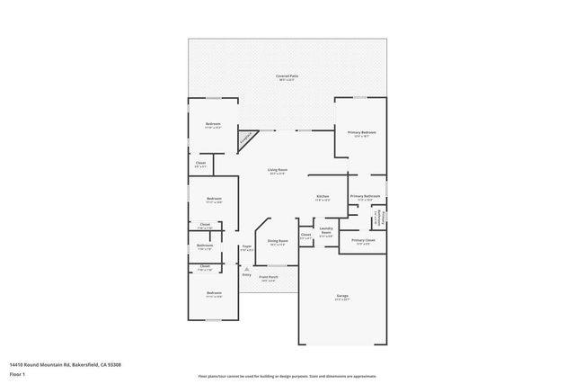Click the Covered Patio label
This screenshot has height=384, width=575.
click(x=287, y=76)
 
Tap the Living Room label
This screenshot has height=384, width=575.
click(x=277, y=170)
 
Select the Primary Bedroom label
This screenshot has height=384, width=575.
click(x=362, y=132)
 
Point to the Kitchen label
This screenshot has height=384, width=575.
click(x=322, y=196)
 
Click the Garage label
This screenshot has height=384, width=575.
click(x=341, y=296)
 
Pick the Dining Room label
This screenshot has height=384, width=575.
click(x=277, y=241)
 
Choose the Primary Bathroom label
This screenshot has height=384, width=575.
click(x=365, y=196)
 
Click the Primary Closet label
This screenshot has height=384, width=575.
click(x=363, y=241)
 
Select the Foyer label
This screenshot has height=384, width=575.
click(x=246, y=246)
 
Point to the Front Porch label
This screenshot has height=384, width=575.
click(x=269, y=278)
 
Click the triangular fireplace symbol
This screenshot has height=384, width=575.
click(x=244, y=139)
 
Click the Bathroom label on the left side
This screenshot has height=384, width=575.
click(x=205, y=246)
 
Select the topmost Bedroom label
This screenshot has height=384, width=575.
click(x=213, y=124)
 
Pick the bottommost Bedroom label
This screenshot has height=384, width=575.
click(x=214, y=293)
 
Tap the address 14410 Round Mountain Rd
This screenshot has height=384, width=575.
click(x=64, y=364)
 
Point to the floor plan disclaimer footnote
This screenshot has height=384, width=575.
click(x=287, y=377)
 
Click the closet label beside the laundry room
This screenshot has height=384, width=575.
click(x=305, y=236)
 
